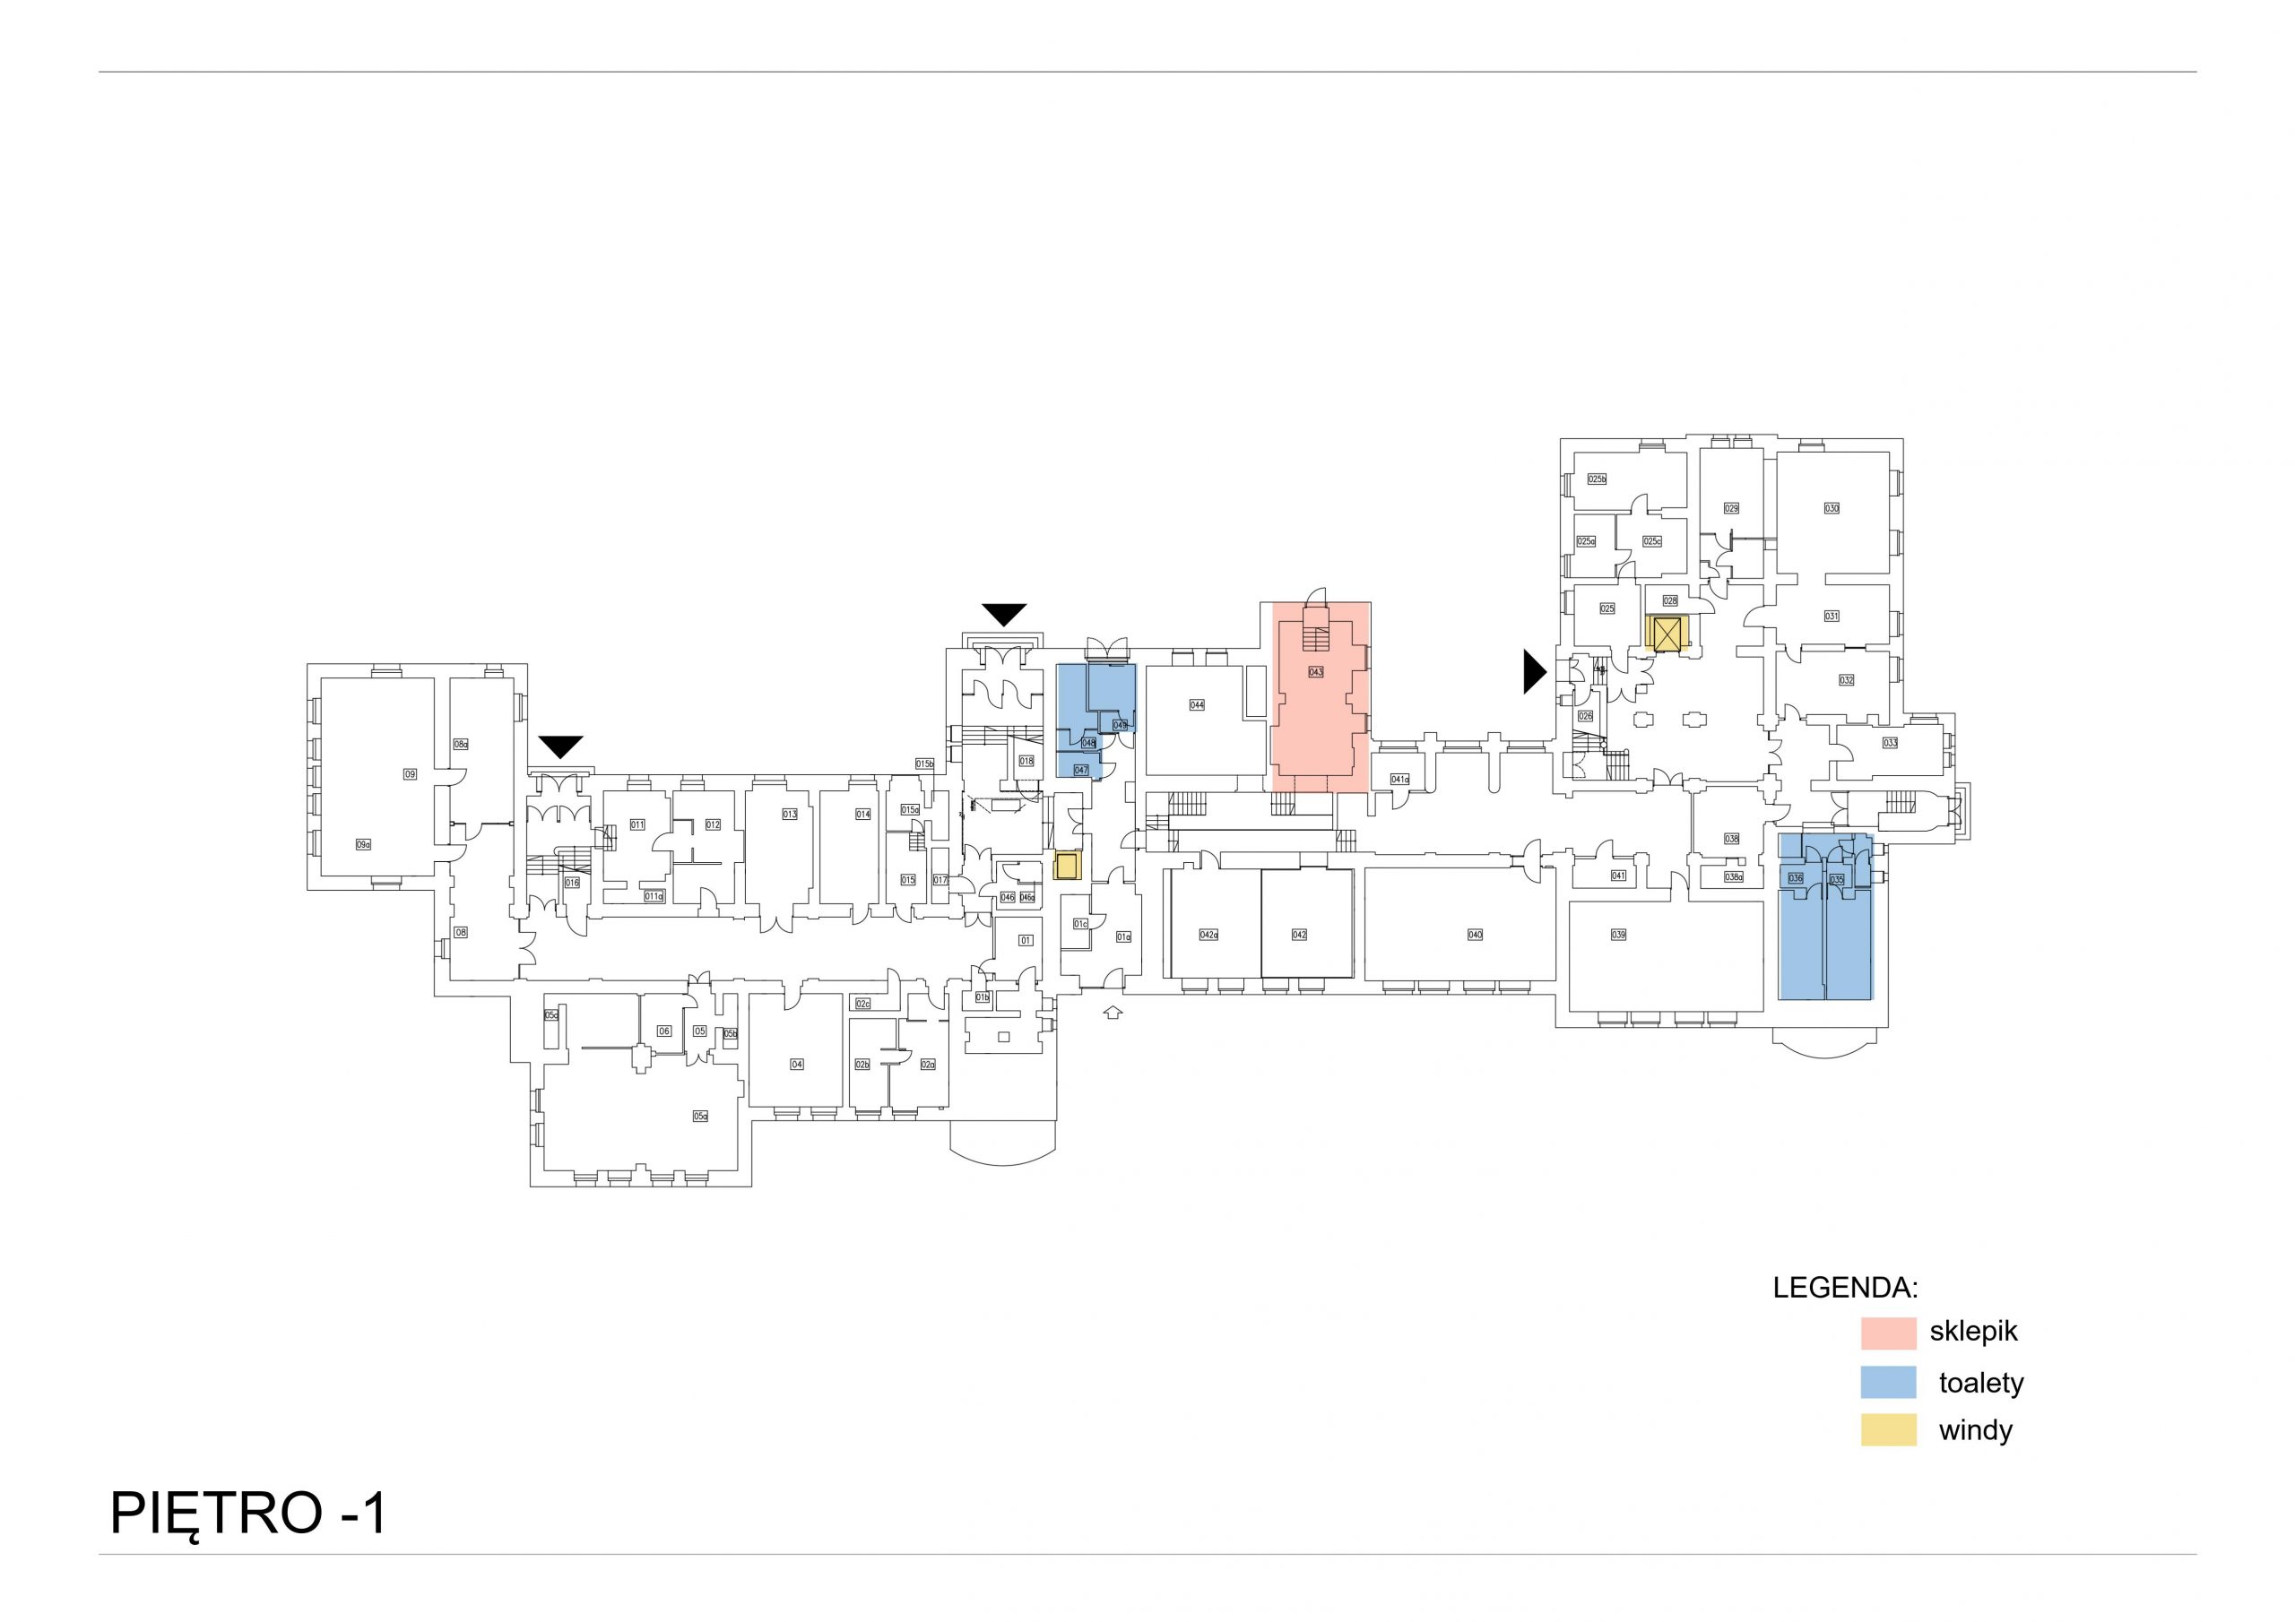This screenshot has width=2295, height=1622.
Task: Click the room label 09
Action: (410, 773)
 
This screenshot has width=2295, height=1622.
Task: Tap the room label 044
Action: (1197, 704)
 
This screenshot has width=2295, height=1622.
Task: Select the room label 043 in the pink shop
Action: (1315, 673)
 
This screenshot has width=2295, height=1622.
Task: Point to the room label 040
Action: (1475, 935)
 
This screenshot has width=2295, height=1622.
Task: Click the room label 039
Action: (1618, 935)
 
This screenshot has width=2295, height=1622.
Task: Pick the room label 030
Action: (1832, 509)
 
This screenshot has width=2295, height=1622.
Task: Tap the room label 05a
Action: (701, 1117)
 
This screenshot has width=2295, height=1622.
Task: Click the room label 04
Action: (797, 1065)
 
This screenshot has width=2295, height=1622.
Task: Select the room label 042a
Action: (1208, 935)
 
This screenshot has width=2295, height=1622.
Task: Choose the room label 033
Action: (1889, 744)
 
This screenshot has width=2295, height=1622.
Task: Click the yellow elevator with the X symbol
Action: (1667, 634)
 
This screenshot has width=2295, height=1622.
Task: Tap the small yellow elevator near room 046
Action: (1069, 866)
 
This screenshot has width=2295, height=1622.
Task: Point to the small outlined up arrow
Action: (1113, 1013)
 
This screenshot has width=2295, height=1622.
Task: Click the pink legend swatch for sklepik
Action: (1888, 1333)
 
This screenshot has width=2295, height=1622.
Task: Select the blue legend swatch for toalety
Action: (1888, 1382)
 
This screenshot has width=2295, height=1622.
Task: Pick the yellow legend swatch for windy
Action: (1888, 1430)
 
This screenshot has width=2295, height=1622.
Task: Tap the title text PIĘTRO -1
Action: (248, 1514)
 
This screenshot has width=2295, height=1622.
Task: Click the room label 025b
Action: (1597, 479)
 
